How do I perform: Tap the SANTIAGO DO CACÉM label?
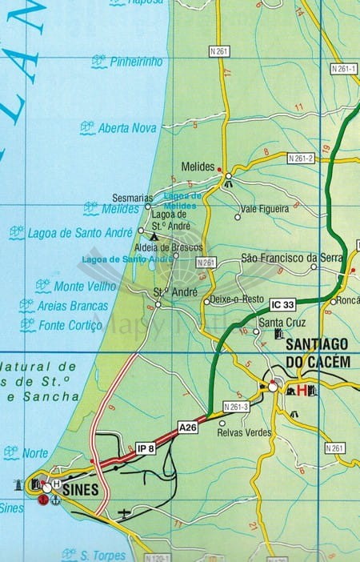coord(318,355)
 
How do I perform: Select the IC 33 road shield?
coord(283,304)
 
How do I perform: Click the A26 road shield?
coord(188,428)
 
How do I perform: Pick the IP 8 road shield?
coord(145,448)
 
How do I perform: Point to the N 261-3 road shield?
coord(236,407)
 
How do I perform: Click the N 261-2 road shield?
coord(301,159)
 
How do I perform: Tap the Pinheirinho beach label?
coord(136,62)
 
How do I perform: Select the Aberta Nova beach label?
coord(126,127)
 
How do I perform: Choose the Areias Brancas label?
coord(73,306)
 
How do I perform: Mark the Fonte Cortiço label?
coord(72,325)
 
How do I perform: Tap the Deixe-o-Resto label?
coord(237,299)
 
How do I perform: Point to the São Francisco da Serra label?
coord(291,259)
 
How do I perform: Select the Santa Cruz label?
coord(278,323)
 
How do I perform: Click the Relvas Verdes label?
coord(244,433)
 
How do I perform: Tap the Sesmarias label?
coord(132,197)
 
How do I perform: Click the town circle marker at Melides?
coord(228,175)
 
